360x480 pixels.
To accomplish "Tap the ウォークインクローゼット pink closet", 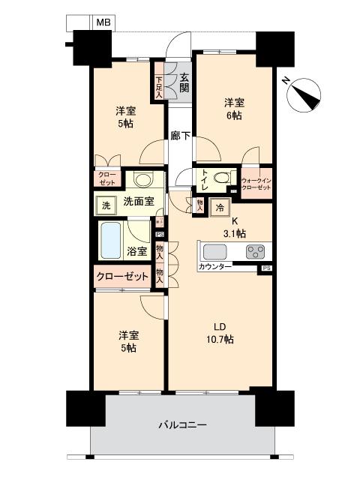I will point(256,182).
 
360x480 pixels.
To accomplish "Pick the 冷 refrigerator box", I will point(220,208).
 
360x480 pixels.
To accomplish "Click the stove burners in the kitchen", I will point(255,252).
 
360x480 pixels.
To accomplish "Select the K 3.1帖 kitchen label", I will point(235,226).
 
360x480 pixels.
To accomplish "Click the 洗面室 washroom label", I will point(138,201).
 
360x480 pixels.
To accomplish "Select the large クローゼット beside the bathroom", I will point(122,277).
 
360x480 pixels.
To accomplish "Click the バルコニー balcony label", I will point(182,424).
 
